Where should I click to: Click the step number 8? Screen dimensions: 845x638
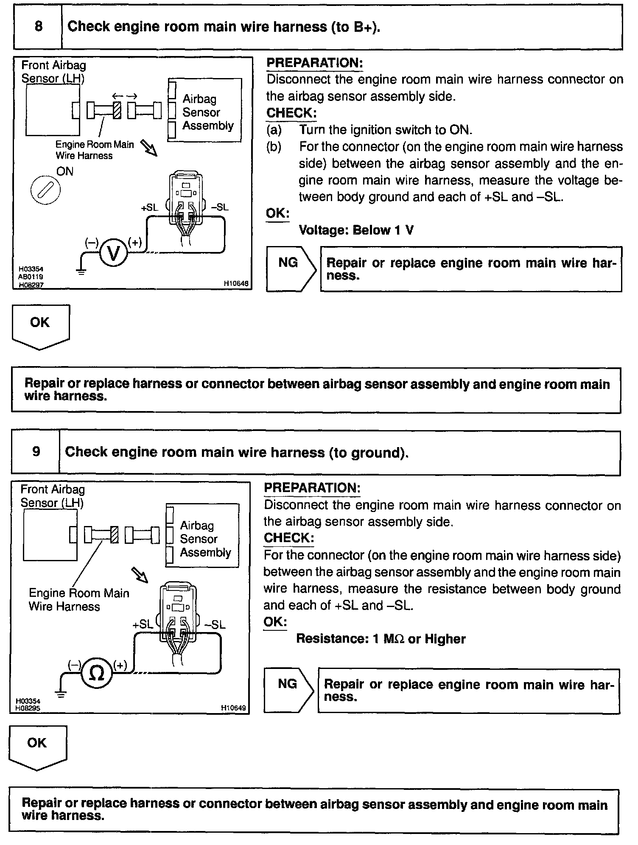38,27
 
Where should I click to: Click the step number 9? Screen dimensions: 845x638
36,451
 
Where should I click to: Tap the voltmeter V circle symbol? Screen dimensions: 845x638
113,253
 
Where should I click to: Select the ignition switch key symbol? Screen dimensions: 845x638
46,190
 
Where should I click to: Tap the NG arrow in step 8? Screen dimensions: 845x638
291,269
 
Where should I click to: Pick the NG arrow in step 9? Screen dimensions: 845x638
288,690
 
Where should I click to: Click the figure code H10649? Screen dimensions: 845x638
233,708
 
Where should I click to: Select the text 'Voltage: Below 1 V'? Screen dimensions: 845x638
356,230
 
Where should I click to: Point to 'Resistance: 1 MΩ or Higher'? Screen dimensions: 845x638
381,639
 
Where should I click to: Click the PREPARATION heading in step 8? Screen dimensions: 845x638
314,63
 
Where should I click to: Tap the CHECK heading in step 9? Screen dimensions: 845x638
289,538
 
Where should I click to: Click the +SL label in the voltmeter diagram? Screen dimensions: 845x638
149,207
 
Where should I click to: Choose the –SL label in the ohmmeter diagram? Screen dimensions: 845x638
215,625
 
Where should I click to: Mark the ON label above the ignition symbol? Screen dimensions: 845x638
65,171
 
